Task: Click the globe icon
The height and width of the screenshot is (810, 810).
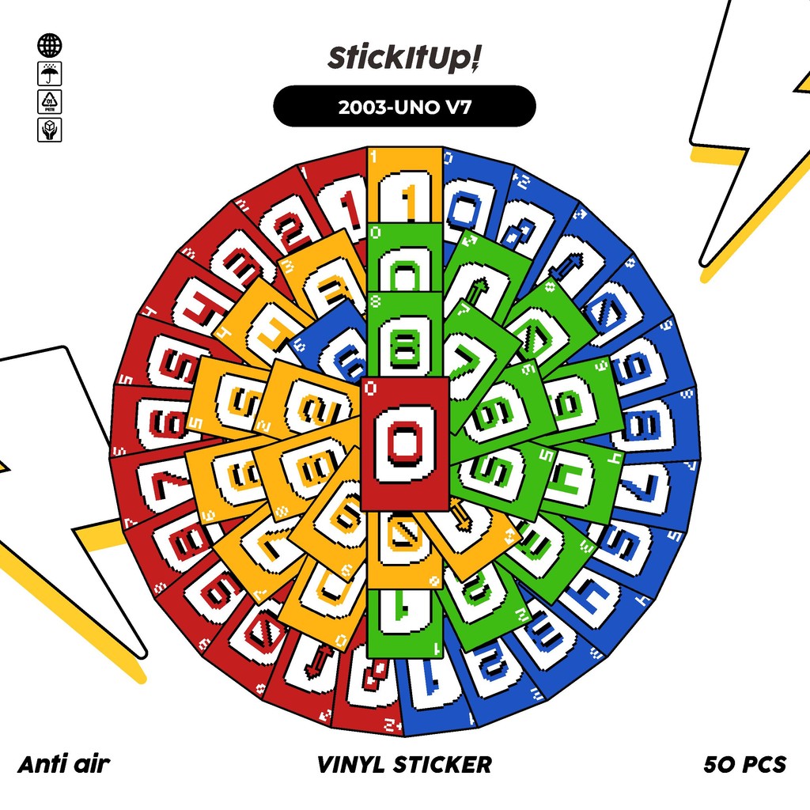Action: point(49,46)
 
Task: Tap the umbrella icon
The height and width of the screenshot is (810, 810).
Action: point(49,74)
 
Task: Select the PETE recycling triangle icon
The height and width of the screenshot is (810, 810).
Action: point(49,101)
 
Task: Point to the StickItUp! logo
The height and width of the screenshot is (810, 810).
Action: point(404,59)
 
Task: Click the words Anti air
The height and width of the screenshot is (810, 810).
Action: point(63,764)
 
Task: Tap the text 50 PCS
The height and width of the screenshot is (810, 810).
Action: point(744,764)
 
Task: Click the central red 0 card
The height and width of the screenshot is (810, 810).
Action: point(404,443)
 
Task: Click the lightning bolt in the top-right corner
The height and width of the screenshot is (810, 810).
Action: point(751,134)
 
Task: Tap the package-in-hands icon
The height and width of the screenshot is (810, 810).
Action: point(49,129)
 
